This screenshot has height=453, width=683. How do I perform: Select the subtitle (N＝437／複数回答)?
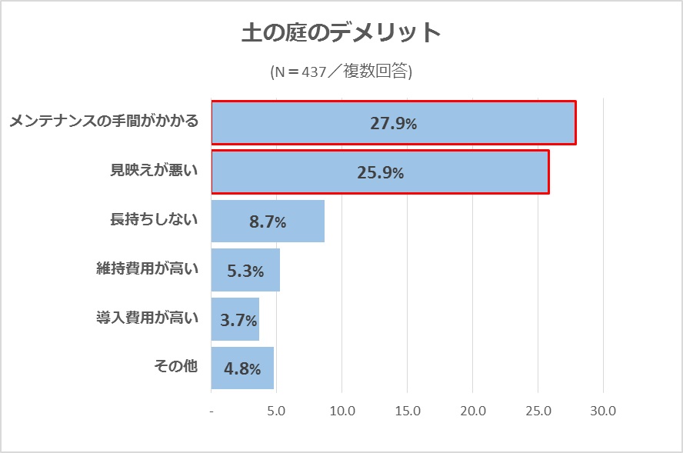[x=341, y=72]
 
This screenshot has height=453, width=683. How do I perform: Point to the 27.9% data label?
[x=393, y=123]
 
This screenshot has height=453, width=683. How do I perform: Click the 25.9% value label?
[x=380, y=172]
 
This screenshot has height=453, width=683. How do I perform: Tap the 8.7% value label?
[x=268, y=222]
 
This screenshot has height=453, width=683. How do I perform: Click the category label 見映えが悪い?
[x=154, y=171]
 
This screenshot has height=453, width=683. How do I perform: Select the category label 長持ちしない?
[x=154, y=220]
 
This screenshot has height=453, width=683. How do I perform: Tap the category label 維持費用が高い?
[x=147, y=269]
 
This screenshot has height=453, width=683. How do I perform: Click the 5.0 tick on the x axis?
[x=276, y=411]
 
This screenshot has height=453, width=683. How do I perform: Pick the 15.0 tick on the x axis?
[x=407, y=411]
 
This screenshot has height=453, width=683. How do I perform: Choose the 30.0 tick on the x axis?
[x=603, y=411]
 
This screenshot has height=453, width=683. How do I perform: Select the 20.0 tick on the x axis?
[x=472, y=411]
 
